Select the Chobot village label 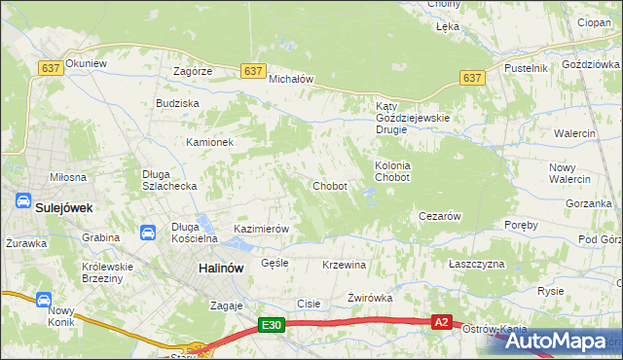pos(329,186)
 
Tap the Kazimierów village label pos(262,230)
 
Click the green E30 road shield pos(272,326)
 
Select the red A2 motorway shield pos(442,322)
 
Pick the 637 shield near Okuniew pos(52,67)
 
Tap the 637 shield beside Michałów pos(252,71)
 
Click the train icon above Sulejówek pos(22,200)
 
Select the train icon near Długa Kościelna pos(147,233)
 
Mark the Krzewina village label pos(344,265)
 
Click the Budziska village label pos(177,103)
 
